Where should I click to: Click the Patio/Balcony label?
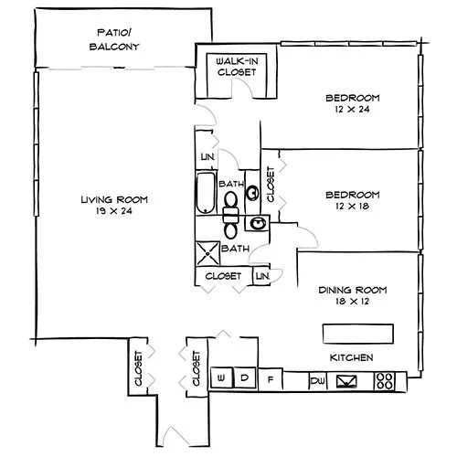114,39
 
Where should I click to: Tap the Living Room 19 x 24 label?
114,205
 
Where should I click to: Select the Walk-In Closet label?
237,67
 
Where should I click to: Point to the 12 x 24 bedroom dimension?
353,109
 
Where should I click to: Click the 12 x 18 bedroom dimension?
353,207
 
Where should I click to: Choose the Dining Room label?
353,290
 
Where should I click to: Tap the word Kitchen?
352,357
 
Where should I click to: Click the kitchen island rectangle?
358,334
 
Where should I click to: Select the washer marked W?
221,377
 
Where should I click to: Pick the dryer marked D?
244,377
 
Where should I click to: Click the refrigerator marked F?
271,379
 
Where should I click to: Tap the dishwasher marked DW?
317,380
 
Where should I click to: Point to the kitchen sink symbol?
346,381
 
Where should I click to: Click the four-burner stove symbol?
385,381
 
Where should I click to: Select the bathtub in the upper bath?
206,193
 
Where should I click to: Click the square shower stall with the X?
207,253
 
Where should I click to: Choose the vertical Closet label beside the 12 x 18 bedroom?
271,184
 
